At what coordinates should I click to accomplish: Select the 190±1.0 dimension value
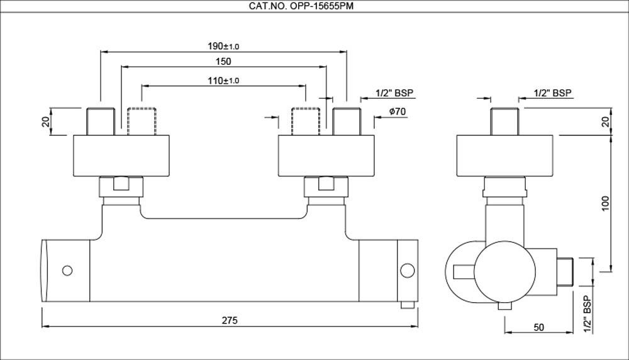point(223,47)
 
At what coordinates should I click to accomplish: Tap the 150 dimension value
point(223,62)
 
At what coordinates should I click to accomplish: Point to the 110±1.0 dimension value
point(223,81)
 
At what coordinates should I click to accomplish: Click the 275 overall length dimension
point(230,320)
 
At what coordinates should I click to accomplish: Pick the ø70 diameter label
point(396,111)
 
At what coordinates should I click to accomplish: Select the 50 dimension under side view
point(539,327)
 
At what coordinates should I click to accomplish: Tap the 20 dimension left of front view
point(46,122)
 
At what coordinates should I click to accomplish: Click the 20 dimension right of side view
point(605,122)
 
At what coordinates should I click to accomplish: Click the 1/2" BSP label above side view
point(553,93)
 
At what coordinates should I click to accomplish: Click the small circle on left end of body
point(67,271)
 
